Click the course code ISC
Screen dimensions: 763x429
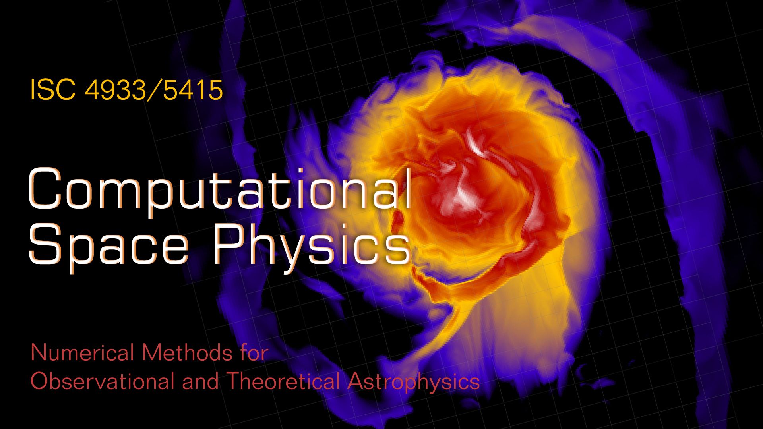click(53, 90)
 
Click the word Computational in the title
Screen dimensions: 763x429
click(220, 189)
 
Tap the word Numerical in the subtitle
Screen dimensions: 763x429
click(82, 353)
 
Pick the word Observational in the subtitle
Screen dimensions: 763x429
click(103, 381)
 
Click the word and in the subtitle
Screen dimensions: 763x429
click(200, 381)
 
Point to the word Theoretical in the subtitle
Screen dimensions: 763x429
click(283, 381)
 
